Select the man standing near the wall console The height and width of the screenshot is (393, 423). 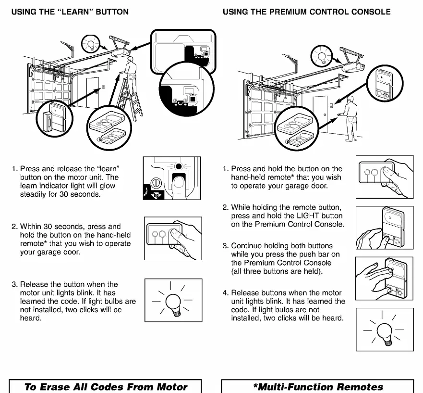point(350,119)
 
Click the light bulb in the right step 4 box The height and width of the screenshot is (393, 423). point(385,333)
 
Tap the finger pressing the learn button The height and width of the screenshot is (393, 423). point(178,187)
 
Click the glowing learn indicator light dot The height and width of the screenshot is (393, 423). point(178,166)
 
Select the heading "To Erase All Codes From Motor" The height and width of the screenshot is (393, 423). point(106,387)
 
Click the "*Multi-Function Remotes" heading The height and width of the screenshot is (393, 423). point(318,387)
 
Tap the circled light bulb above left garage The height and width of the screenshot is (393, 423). point(91,43)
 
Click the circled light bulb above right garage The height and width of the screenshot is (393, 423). point(321,56)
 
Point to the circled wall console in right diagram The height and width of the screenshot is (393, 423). point(385,83)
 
